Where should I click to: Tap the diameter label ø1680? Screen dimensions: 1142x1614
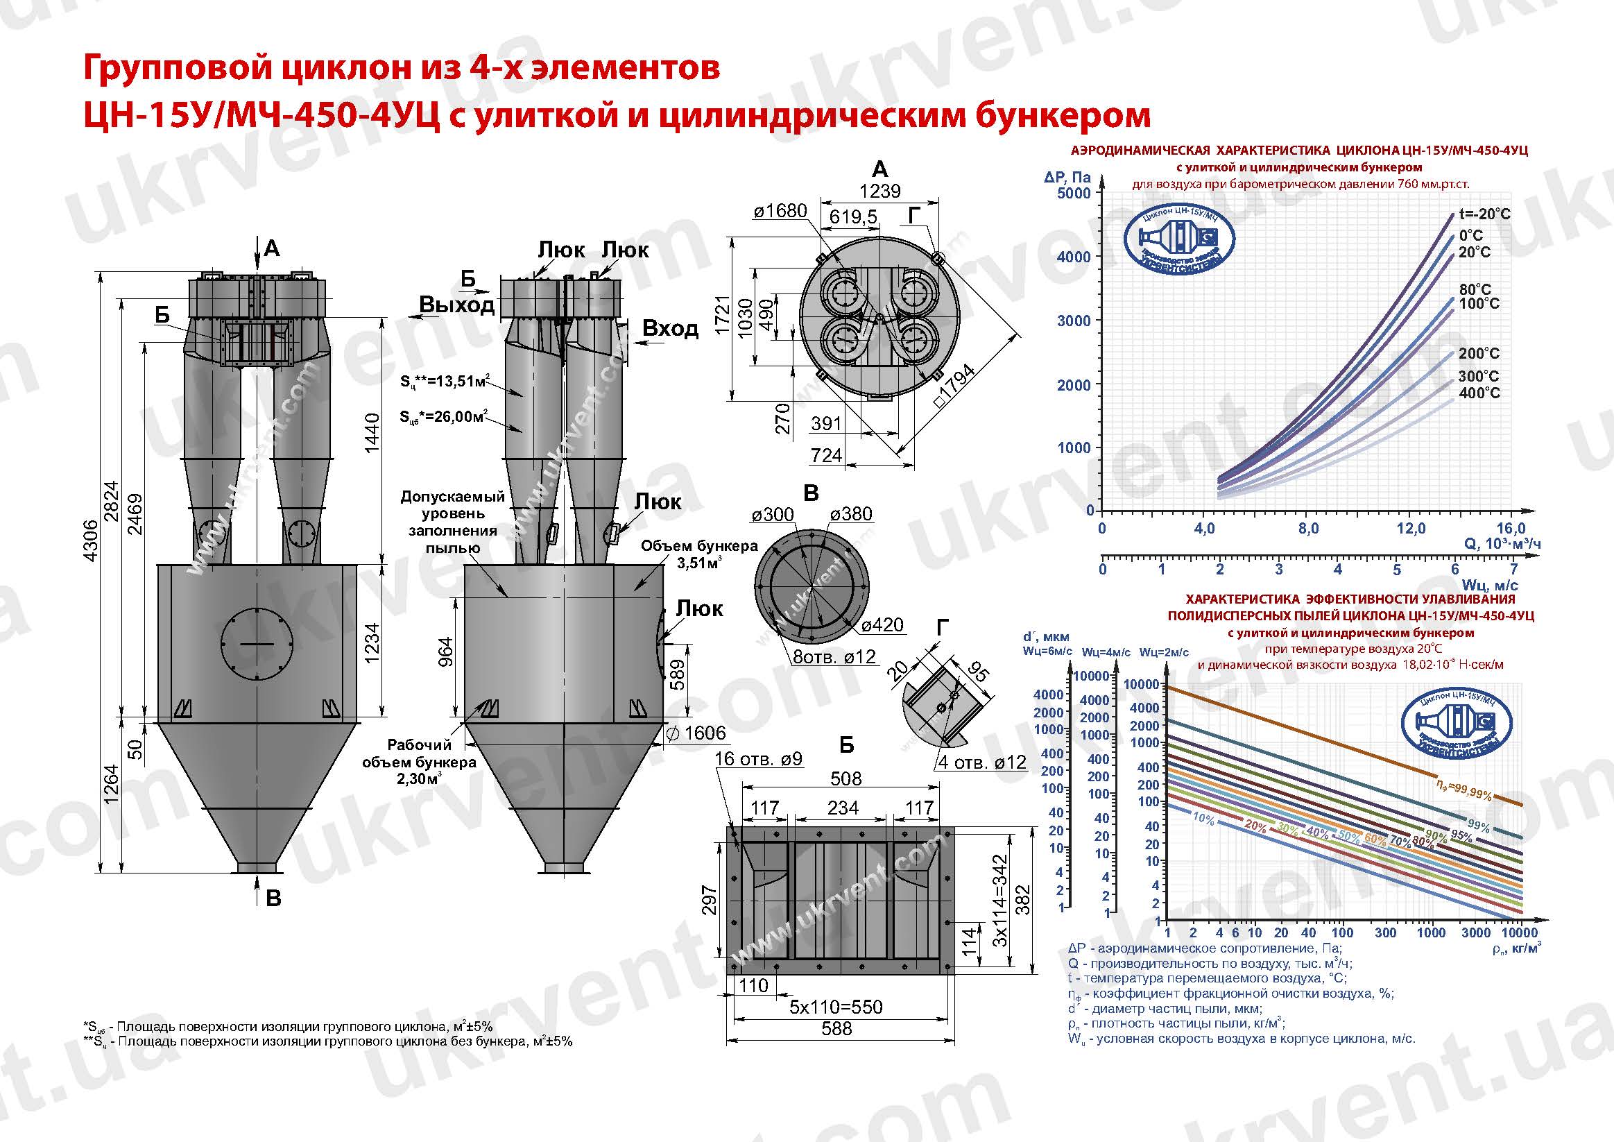(x=780, y=211)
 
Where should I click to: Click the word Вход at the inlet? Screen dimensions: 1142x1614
(x=670, y=328)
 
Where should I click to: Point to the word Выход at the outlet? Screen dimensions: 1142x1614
(x=457, y=305)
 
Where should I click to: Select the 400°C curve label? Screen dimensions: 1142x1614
(x=1479, y=393)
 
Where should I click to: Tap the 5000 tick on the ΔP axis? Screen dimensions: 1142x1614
(x=1074, y=193)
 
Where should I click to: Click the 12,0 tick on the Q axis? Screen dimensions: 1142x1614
(x=1410, y=528)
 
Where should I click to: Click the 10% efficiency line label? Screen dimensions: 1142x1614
(x=1203, y=819)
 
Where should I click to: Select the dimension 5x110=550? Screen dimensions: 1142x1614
(x=835, y=1007)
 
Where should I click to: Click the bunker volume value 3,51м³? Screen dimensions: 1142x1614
(x=698, y=563)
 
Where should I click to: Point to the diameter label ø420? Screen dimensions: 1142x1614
(x=882, y=624)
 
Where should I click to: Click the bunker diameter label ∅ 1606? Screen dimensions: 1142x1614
(x=695, y=733)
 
